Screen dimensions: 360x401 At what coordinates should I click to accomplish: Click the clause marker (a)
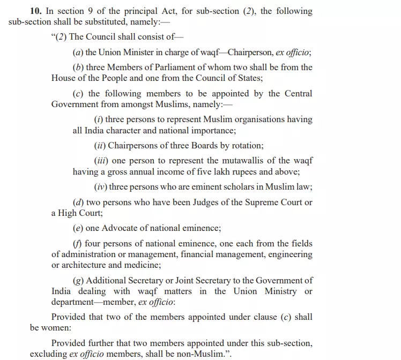[x=78, y=52]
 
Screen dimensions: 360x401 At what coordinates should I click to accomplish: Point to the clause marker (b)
[x=78, y=67]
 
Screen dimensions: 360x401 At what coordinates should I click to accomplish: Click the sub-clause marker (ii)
[x=100, y=146]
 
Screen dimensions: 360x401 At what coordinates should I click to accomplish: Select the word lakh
[x=209, y=172]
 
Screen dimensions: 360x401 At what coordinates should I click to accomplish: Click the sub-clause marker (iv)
[x=100, y=187]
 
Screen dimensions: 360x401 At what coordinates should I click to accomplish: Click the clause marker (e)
[x=78, y=228]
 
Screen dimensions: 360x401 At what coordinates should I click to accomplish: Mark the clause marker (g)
[x=78, y=280]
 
